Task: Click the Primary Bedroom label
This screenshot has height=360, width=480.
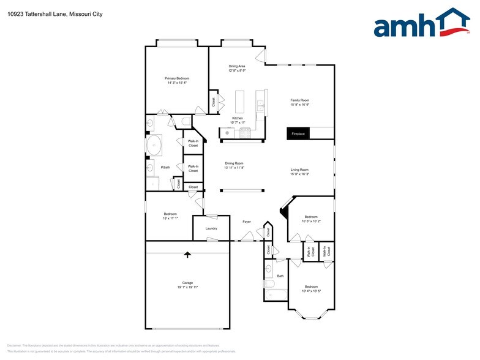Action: [177, 78]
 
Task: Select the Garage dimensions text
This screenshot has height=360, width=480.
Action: [187, 287]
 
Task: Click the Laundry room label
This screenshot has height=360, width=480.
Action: [211, 228]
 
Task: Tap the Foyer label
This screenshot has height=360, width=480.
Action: [247, 222]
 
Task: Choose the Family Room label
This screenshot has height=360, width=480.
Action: [299, 100]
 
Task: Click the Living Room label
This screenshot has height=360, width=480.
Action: [299, 170]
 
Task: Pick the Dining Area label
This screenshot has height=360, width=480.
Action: [237, 66]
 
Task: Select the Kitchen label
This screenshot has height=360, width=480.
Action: [237, 118]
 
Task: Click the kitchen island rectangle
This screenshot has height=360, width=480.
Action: [239, 100]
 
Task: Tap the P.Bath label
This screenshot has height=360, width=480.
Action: [165, 167]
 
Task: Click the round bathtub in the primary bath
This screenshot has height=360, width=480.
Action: [154, 145]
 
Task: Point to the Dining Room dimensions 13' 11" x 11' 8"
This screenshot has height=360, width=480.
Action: [234, 167]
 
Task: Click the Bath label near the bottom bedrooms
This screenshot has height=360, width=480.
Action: [280, 276]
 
